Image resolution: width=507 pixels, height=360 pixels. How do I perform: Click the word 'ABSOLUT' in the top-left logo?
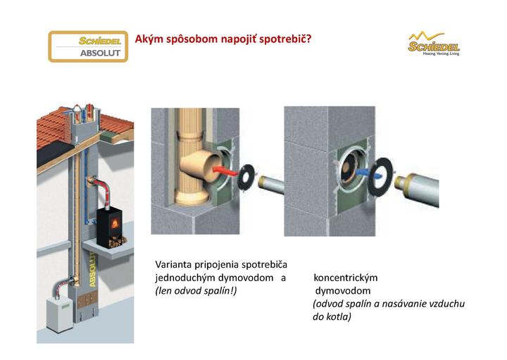point(88,54)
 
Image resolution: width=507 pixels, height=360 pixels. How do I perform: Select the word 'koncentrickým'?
point(346,278)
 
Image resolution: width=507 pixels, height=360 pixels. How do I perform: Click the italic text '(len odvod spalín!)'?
point(196,290)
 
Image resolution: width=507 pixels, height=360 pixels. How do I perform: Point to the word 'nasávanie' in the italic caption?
point(399,304)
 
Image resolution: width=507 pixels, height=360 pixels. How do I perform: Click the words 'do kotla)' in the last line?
point(332,317)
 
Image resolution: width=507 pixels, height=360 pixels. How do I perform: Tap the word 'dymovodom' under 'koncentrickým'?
point(344,290)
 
